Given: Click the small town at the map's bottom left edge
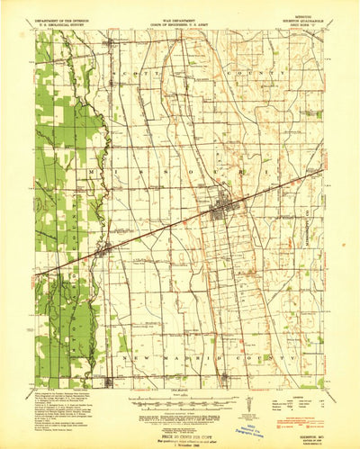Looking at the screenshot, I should point(109,382).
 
